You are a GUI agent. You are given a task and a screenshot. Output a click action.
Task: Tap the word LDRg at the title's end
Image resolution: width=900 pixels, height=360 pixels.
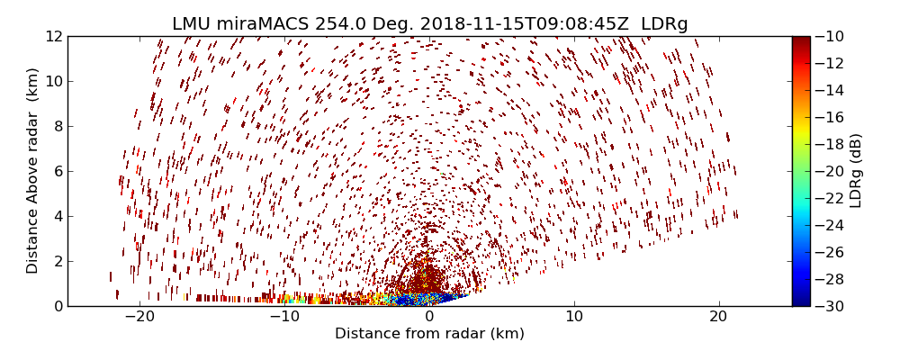pos(664,24)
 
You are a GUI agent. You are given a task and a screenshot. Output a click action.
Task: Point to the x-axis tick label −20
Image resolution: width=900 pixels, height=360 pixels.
pos(139,317)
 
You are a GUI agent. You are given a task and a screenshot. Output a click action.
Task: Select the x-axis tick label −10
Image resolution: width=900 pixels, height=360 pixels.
pos(284,317)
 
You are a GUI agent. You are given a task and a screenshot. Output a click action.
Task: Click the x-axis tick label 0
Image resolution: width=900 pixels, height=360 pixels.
pos(429,317)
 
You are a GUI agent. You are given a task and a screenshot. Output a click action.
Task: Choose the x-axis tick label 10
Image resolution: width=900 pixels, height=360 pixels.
pos(574,317)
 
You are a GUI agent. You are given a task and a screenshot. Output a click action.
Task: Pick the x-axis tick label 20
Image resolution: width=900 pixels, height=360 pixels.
pos(718,317)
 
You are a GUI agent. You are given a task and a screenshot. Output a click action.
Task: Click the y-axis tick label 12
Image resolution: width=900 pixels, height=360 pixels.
pos(52,37)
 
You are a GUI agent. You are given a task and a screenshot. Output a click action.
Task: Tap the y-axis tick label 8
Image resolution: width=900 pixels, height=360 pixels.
pos(56,127)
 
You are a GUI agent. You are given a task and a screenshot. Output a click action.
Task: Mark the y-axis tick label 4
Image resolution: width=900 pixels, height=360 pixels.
pos(56,216)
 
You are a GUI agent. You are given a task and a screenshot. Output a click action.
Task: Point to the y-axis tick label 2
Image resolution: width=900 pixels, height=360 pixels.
pos(56,261)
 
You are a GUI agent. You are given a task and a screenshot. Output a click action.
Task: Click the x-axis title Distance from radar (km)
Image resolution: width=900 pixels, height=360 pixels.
pos(429,334)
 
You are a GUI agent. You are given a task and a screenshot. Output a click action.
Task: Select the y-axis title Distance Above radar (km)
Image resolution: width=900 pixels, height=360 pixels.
pos(33,171)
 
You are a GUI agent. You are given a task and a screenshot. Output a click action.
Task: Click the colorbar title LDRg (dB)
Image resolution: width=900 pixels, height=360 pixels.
pos(856,171)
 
